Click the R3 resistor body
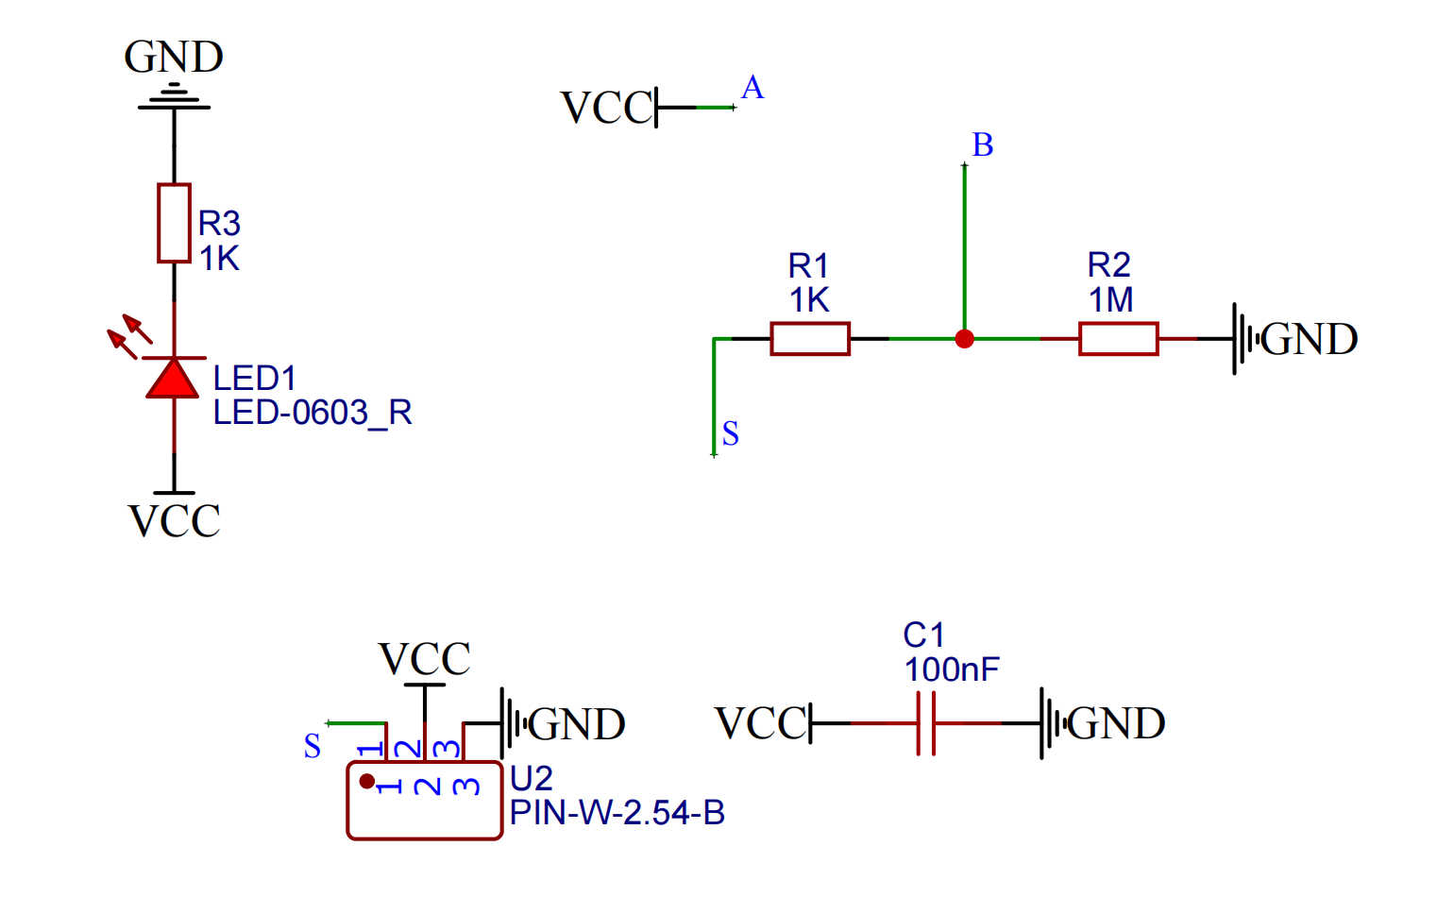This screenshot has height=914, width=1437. click(x=174, y=223)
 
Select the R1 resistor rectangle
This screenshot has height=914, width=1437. click(x=810, y=338)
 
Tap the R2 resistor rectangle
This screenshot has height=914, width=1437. click(x=1118, y=338)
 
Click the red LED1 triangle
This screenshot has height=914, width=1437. click(x=173, y=379)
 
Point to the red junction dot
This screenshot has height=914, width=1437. click(x=964, y=339)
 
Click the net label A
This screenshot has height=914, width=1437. click(x=752, y=88)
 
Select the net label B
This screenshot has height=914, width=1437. click(x=983, y=145)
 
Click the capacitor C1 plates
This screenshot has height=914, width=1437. click(x=926, y=723)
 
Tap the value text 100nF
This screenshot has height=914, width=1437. click(x=951, y=669)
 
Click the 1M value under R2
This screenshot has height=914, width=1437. click(x=1110, y=300)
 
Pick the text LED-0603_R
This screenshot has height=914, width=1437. click(x=313, y=413)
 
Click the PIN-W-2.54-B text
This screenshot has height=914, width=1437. click(x=617, y=813)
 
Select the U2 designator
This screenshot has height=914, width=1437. click(x=532, y=779)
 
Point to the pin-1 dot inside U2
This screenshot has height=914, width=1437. click(x=367, y=782)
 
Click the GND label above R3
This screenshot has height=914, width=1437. click(x=174, y=57)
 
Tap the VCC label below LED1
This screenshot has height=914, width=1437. click(x=175, y=521)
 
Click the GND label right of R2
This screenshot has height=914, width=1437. click(x=1309, y=339)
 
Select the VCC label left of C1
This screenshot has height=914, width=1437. click(x=761, y=724)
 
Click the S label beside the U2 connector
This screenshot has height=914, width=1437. click(x=313, y=746)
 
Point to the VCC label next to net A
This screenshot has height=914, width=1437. click(x=606, y=108)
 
